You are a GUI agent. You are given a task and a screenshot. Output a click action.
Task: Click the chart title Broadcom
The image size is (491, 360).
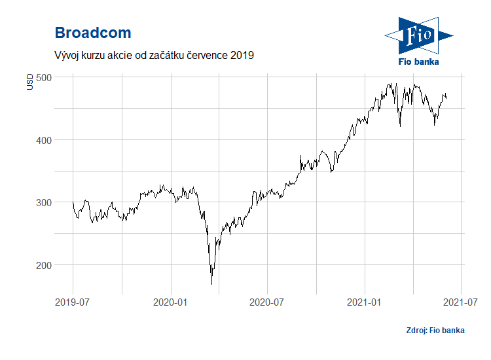pyautogui.click(x=93, y=33)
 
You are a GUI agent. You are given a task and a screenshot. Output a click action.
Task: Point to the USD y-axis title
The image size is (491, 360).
pyautogui.click(x=29, y=82)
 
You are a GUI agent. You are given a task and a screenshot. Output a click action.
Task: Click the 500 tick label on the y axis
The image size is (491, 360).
pyautogui.click(x=44, y=78)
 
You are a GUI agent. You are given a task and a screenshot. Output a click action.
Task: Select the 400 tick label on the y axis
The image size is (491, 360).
pyautogui.click(x=44, y=140)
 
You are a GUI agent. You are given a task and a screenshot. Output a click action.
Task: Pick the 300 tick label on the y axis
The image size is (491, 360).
pyautogui.click(x=44, y=202)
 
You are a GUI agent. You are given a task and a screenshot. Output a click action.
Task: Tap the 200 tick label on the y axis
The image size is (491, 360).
pyautogui.click(x=44, y=266)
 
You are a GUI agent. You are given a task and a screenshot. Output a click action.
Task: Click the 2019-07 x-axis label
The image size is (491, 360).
pyautogui.click(x=72, y=302)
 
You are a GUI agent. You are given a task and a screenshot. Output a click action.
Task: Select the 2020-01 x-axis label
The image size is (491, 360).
pyautogui.click(x=170, y=302)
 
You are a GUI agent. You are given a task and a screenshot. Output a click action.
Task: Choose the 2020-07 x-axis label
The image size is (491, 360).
pyautogui.click(x=266, y=302)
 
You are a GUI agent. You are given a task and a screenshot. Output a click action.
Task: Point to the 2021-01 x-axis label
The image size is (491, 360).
pyautogui.click(x=364, y=302)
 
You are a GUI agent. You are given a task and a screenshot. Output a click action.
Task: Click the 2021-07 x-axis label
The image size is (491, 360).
pyautogui.click(x=460, y=302)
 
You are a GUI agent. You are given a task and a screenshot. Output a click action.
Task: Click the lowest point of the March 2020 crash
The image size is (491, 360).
pyautogui.click(x=212, y=284)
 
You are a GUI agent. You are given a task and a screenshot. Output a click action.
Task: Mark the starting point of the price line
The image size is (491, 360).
pyautogui.click(x=73, y=202)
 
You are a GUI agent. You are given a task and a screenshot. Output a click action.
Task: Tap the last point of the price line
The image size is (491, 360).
pyautogui.click(x=446, y=98)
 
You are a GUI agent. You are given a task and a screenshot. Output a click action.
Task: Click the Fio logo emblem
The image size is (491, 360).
pyautogui.click(x=419, y=36)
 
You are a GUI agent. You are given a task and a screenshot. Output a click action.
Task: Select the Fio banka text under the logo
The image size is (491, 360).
pyautogui.click(x=419, y=62)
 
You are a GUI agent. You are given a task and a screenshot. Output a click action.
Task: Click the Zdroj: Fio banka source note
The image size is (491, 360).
pyautogui.click(x=435, y=331)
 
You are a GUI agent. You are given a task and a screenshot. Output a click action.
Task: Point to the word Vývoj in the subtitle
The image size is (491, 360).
pyautogui.click(x=66, y=56)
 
